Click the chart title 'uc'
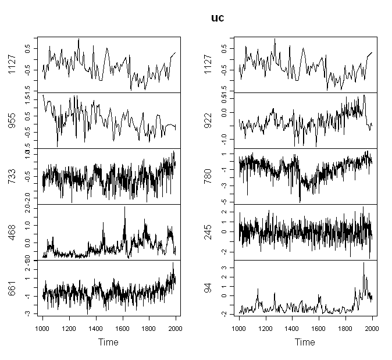[x=217, y=18]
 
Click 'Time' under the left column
[x=109, y=343]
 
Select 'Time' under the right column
[x=305, y=343]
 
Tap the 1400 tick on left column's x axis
[x=96, y=328]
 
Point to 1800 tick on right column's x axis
[x=345, y=328]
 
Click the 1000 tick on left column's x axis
[x=43, y=328]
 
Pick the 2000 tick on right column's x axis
[x=372, y=328]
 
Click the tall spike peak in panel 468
[x=124, y=208]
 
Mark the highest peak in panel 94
[x=364, y=263]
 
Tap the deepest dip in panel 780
[x=300, y=201]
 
